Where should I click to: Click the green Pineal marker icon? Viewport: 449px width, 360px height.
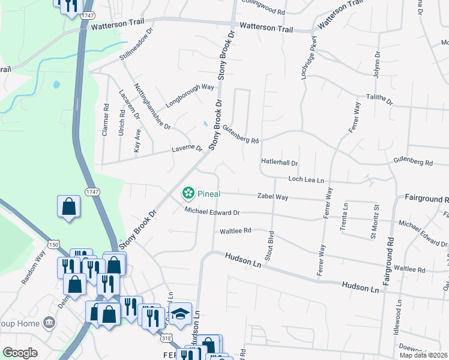coord(188,193)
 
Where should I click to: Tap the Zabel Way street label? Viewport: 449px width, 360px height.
coord(273,197)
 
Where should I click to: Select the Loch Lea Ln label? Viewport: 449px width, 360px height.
coord(306,179)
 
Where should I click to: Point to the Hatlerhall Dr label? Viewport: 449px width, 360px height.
coord(279,163)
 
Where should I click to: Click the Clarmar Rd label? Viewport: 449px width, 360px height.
coord(105,120)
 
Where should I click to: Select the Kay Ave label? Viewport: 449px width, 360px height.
coord(137,140)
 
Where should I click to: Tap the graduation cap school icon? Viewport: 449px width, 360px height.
coord(179,313)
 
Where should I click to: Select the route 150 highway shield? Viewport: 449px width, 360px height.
coord(54,245)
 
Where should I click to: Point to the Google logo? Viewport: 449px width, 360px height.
coord(20,353)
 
